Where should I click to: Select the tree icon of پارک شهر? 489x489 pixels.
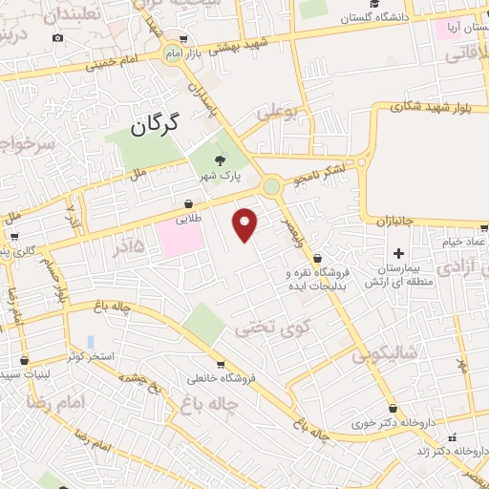pyautogui.click(x=223, y=159)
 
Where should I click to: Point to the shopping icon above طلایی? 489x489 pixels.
pyautogui.click(x=188, y=203)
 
